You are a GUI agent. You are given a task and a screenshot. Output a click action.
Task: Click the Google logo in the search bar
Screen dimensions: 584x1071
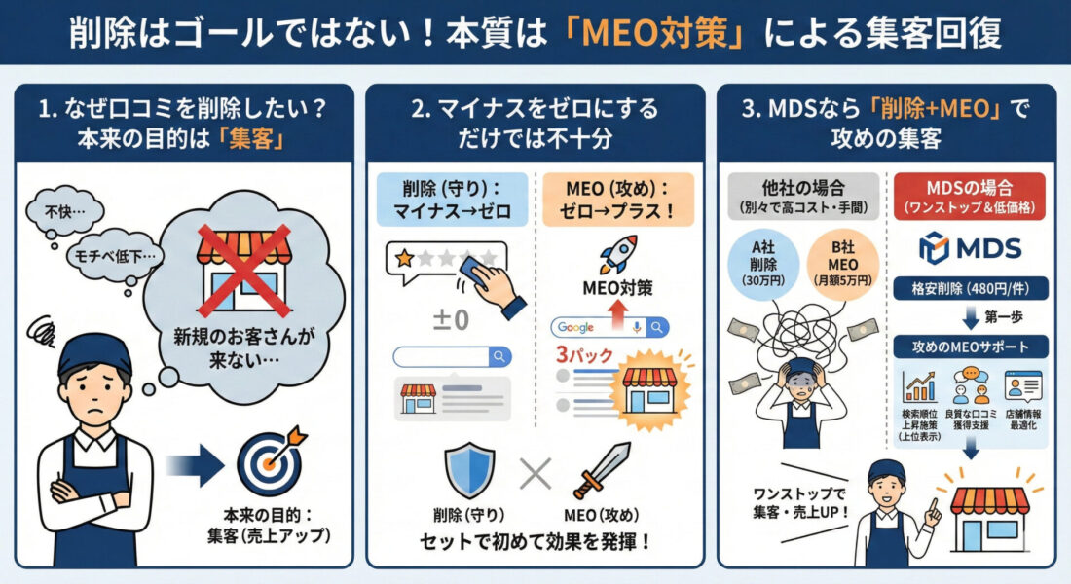pyautogui.click(x=576, y=328)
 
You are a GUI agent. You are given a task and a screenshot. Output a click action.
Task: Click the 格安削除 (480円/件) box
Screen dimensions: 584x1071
pyautogui.click(x=970, y=289)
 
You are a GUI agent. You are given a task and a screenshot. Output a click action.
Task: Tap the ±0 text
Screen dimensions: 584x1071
pyautogui.click(x=446, y=319)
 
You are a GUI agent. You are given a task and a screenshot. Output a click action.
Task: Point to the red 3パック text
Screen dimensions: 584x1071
pyautogui.click(x=584, y=356)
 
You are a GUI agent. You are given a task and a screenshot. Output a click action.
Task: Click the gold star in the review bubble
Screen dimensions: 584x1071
pyautogui.click(x=401, y=258)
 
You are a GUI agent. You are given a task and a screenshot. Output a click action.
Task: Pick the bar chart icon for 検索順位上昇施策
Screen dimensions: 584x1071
pyautogui.click(x=919, y=388)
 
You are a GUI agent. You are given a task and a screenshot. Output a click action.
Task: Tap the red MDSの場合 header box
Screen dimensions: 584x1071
pyautogui.click(x=970, y=194)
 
